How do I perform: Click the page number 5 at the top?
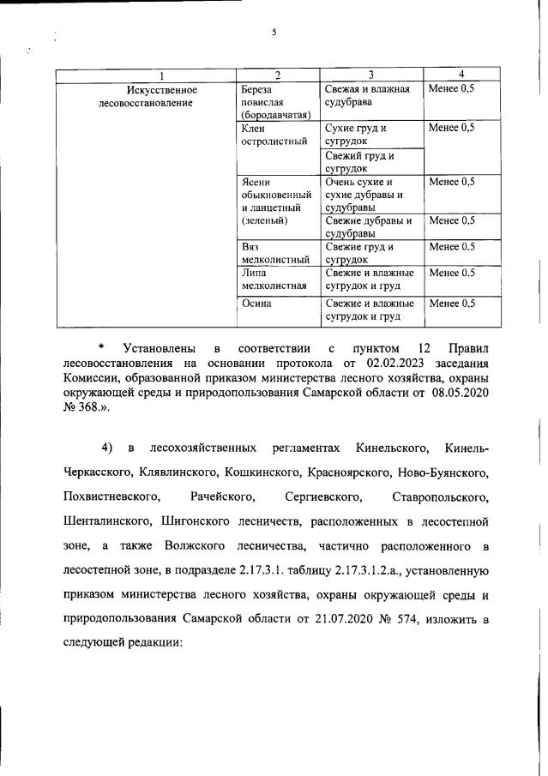coord(274,32)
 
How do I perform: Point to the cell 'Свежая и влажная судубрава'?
coord(369,96)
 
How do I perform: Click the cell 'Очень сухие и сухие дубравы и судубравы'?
coord(369,194)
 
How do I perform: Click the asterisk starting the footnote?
coord(100,348)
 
